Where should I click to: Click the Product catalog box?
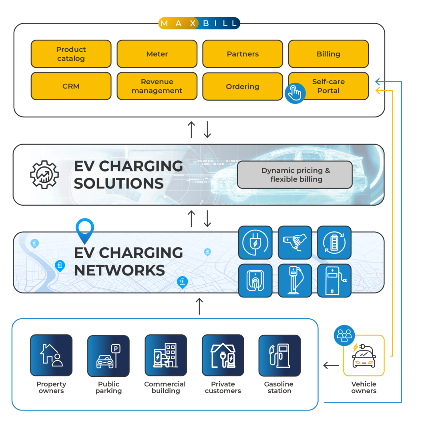pos(71,54)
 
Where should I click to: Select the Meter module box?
pos(157,54)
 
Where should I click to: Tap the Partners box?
pos(243,54)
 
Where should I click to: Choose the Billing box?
pos(328,54)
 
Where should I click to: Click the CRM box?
pos(71,86)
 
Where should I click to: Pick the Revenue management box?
pos(157,86)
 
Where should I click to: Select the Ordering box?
pos(243,86)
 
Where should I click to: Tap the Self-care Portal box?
pos(328,86)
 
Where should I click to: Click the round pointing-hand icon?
pos(295,93)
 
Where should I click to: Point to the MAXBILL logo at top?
pos(199,23)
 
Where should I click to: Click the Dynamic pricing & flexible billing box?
pos(295,175)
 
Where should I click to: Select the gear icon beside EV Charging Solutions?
pos(44,175)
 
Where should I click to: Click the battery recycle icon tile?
pos(334,243)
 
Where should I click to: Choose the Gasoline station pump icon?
pos(279,355)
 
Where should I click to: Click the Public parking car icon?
pos(108,355)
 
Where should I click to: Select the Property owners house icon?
pos(51,355)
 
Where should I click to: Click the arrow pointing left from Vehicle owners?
pos(331,365)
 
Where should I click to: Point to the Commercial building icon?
pos(165,355)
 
